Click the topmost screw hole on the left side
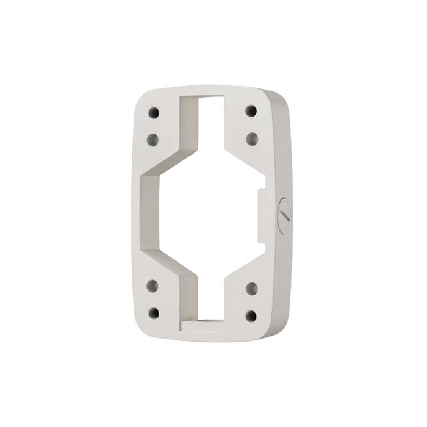click(154, 113)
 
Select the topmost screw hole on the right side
click(251, 111)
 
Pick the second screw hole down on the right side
click(251, 138)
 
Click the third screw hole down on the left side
click(152, 285)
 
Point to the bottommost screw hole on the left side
click(154, 314)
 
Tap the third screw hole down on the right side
click(251, 287)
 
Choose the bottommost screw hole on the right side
click(251, 315)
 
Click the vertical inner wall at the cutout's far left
click(146, 213)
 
